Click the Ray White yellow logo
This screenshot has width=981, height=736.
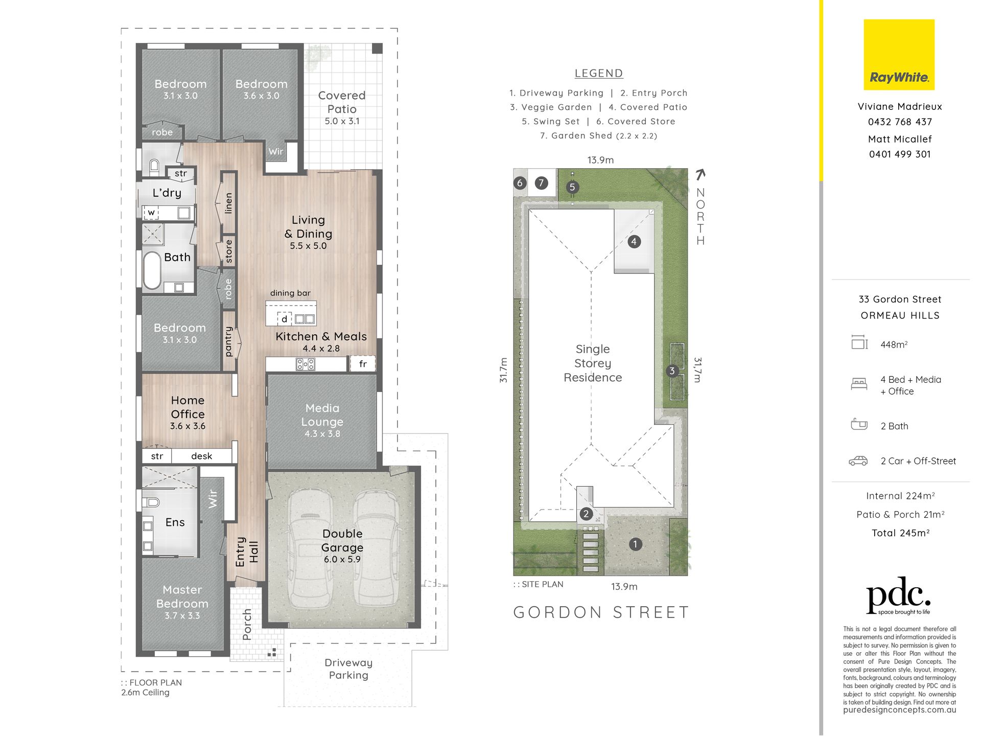click(899, 55)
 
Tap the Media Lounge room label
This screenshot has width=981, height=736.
click(322, 420)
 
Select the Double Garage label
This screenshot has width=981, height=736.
click(342, 546)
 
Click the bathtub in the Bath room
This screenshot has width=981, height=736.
click(152, 270)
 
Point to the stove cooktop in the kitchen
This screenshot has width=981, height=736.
click(306, 364)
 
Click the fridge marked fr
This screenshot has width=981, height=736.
click(363, 364)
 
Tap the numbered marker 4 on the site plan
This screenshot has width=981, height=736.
click(634, 241)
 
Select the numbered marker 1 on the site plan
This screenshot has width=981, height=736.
click(635, 544)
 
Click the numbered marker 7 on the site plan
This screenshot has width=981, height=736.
click(541, 182)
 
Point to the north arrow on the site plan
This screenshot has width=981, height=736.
click(700, 175)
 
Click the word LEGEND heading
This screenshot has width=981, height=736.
click(599, 73)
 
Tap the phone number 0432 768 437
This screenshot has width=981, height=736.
click(900, 122)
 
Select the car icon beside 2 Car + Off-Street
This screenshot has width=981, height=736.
click(858, 461)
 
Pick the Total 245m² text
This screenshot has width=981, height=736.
click(900, 533)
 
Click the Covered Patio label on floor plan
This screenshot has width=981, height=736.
click(342, 108)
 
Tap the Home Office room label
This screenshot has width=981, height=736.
click(188, 412)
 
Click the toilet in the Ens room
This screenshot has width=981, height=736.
click(151, 502)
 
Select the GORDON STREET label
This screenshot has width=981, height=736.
click(601, 612)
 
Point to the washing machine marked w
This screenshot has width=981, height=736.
click(151, 212)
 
